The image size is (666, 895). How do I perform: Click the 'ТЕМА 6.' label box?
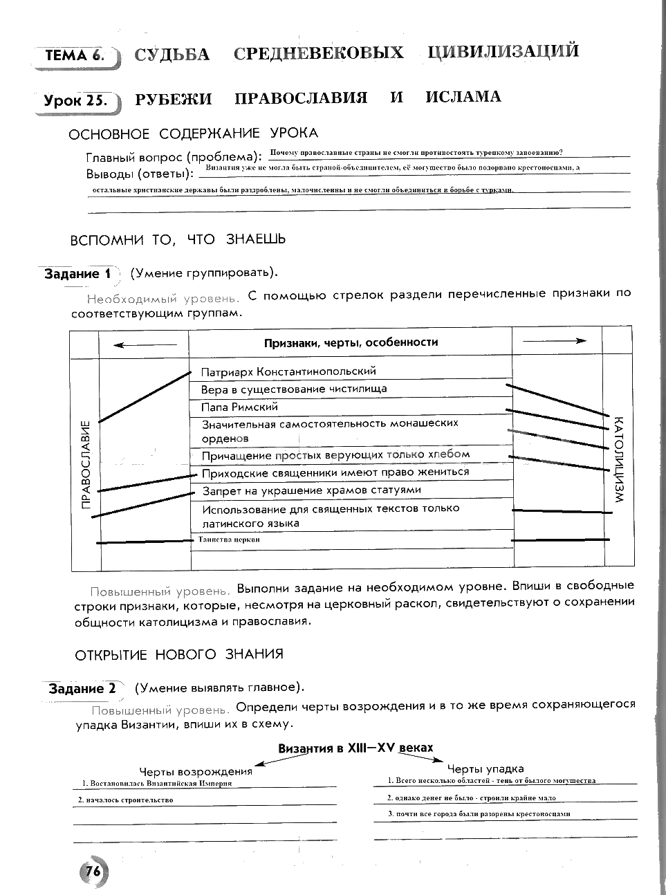[x=75, y=56]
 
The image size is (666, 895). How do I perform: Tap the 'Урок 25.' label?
[x=76, y=100]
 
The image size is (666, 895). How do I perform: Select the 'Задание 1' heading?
[x=78, y=274]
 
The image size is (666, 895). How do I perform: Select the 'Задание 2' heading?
[x=82, y=689]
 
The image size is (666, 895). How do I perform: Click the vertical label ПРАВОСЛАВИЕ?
[x=86, y=464]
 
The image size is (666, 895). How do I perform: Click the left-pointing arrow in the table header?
[x=144, y=344]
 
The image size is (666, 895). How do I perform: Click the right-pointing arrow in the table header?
[x=555, y=341]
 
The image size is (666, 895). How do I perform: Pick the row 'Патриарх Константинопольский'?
[x=288, y=371]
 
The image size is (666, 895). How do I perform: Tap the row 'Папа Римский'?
[x=239, y=407]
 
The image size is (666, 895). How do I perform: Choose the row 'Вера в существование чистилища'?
[x=294, y=389]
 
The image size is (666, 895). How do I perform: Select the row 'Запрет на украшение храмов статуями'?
[x=311, y=490]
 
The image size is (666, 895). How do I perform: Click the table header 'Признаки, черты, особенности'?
[x=351, y=342]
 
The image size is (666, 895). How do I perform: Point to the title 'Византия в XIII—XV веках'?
[x=355, y=748]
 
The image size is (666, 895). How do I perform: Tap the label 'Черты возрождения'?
[x=196, y=771]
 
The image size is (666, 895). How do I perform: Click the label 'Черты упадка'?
[x=485, y=768]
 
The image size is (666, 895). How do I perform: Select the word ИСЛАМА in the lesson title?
[x=463, y=97]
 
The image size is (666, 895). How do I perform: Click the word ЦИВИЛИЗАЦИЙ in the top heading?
[x=503, y=52]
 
